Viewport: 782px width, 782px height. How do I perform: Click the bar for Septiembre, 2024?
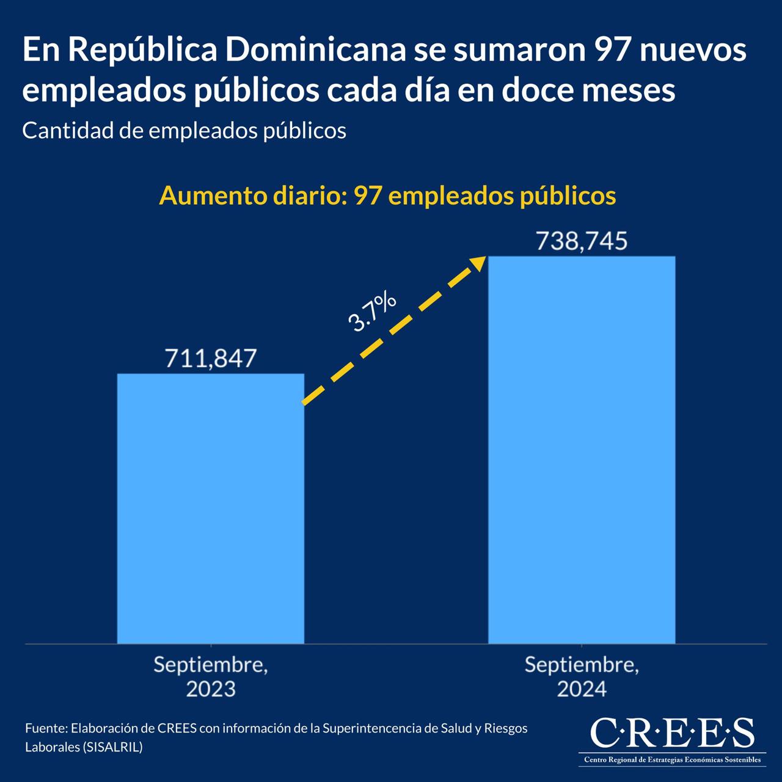pos(582,450)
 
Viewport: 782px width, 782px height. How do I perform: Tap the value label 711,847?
pos(211,359)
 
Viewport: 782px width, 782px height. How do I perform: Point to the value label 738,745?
pos(582,241)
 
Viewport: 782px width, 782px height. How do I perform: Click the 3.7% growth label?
pos(372,313)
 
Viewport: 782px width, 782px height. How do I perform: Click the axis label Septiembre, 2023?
pos(211,676)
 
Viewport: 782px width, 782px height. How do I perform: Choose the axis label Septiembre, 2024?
pos(582,676)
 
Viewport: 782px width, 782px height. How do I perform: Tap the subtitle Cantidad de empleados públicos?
pos(184,130)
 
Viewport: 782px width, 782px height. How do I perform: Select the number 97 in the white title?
pos(612,50)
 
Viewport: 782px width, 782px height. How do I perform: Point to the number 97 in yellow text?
pos(368,195)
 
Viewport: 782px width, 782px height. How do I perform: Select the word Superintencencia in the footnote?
pos(372,728)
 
